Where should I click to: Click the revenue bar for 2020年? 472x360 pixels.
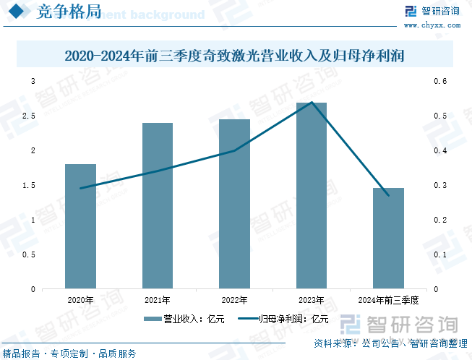tap(80, 226)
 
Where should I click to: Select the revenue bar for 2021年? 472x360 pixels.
tap(158, 206)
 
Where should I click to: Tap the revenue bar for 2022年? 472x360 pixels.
tap(234, 204)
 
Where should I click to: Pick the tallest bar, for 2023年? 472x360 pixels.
tap(312, 195)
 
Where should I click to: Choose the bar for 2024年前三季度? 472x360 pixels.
tap(388, 239)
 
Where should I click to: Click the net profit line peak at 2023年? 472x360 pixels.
tap(312, 103)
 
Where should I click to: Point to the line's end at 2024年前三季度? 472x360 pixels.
tap(388, 195)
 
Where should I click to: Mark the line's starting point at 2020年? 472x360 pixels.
tap(80, 188)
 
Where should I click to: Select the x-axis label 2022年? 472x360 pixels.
tap(234, 299)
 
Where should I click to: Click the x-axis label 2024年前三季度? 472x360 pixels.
tap(388, 299)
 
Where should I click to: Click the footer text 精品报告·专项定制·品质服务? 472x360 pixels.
tap(69, 353)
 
